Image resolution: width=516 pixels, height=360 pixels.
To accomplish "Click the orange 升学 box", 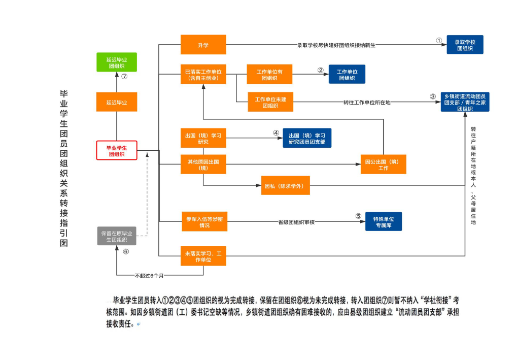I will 203,45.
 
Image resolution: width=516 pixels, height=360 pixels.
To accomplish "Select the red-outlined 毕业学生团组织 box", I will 117,150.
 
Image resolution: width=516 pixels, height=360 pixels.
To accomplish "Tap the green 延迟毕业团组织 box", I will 117,62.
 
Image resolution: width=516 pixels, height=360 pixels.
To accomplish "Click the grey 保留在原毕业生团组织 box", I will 117,236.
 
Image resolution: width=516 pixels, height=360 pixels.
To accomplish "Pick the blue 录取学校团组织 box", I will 465,45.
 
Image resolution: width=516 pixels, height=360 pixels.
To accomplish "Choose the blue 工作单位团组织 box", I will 347,74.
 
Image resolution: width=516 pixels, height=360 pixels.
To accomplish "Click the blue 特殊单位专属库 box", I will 384,221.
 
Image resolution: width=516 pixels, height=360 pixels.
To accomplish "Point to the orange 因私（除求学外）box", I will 284,185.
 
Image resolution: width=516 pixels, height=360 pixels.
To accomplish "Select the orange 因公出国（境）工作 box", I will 383,164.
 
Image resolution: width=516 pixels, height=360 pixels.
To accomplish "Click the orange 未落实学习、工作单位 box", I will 203,256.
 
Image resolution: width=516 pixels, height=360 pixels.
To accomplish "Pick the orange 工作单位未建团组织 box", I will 270,102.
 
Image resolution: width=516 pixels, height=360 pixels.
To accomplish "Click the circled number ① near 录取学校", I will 439,40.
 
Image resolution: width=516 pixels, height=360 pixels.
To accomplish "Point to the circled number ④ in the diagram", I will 276,133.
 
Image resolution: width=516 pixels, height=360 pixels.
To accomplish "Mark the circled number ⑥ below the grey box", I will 125,251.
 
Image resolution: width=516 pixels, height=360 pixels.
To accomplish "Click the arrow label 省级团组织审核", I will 296,222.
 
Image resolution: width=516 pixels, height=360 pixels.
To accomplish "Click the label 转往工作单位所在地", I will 366,103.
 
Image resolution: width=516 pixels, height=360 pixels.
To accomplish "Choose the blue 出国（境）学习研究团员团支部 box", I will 307,138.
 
